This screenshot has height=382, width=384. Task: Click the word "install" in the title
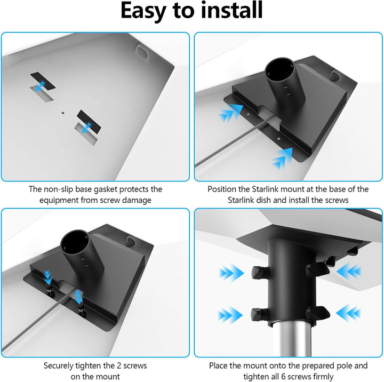click(x=231, y=10)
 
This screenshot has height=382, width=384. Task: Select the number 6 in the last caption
click(x=283, y=376)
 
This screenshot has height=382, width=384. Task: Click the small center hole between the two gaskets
click(x=63, y=113)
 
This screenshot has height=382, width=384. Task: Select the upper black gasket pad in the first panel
click(x=43, y=81)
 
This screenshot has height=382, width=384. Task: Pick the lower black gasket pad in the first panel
click(x=89, y=121)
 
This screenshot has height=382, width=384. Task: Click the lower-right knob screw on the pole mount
click(x=318, y=313)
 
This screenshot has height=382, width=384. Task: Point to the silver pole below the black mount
click(x=292, y=339)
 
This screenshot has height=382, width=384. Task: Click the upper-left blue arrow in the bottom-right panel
click(x=231, y=273)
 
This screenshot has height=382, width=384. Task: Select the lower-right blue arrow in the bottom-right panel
click(x=349, y=313)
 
